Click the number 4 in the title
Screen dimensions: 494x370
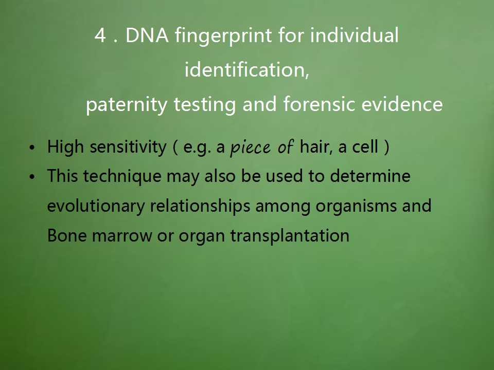point(100,35)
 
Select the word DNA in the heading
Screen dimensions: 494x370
point(147,35)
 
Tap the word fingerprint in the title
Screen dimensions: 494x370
point(223,36)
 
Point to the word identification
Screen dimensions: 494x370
point(246,69)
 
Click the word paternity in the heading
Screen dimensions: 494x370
point(127,105)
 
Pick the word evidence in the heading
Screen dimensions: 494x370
point(402,104)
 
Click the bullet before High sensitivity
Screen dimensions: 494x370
point(32,147)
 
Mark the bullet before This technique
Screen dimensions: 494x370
point(32,177)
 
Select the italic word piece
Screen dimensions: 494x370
point(251,147)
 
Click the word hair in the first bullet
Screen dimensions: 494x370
point(316,146)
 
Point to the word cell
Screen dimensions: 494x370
point(365,146)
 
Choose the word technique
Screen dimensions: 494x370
point(122,176)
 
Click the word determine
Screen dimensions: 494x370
point(370,176)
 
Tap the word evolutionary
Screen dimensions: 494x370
point(96,206)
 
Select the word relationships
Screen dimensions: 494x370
point(200,206)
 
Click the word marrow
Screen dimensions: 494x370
point(122,236)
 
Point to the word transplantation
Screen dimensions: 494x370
point(290,236)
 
